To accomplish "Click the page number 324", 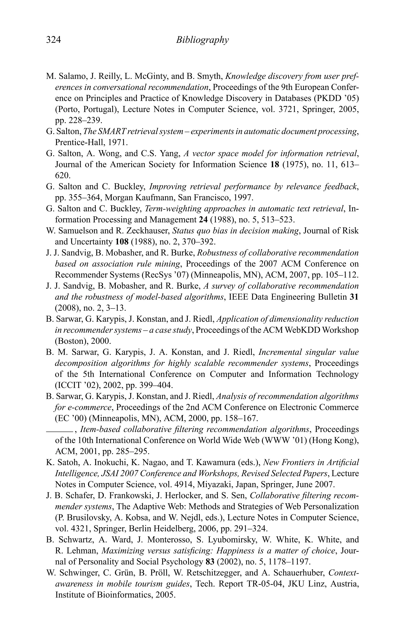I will click(54, 40).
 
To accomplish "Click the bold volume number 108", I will click(122, 242).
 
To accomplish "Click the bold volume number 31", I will click(354, 297).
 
